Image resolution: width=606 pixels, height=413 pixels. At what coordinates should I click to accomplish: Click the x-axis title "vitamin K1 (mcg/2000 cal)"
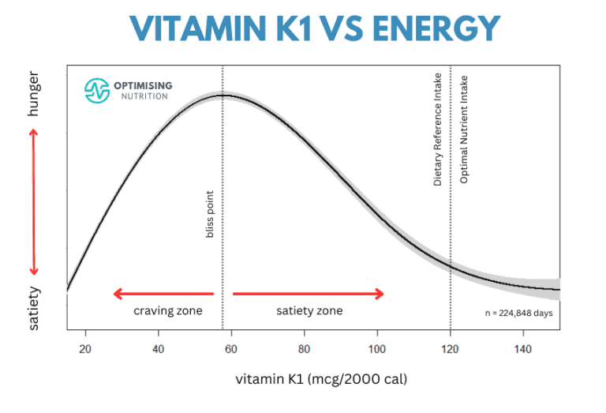click(x=321, y=379)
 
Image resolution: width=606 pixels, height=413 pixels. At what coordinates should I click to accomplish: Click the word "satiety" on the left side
click(x=33, y=308)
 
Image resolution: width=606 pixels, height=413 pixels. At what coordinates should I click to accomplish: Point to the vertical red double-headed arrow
click(x=33, y=201)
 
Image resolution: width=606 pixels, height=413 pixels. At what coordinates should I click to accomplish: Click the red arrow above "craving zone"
click(x=163, y=295)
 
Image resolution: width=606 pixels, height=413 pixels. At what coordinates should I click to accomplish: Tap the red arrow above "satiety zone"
click(x=309, y=295)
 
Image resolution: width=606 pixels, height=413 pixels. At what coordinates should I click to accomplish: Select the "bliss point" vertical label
click(x=211, y=213)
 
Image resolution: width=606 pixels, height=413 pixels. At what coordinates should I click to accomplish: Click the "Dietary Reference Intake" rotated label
click(x=438, y=130)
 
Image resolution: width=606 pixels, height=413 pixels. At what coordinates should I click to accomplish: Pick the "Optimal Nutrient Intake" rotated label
click(x=464, y=130)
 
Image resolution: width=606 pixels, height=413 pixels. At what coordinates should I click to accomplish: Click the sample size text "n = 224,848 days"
click(x=518, y=313)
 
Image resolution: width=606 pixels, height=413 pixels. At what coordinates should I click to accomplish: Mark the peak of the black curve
click(x=223, y=96)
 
